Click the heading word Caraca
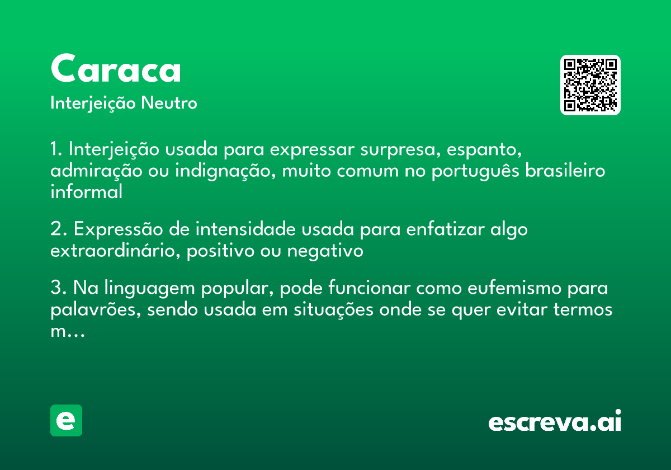click(116, 69)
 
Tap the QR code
click(590, 85)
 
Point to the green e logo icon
click(66, 420)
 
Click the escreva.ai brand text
click(555, 422)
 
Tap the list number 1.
click(56, 149)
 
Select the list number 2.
click(57, 229)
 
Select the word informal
click(86, 192)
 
